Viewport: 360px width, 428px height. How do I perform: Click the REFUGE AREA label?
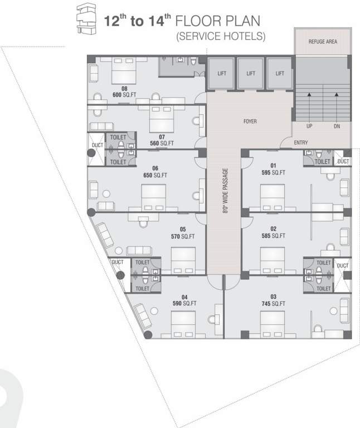(x=323, y=42)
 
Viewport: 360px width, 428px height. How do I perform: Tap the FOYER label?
(x=250, y=121)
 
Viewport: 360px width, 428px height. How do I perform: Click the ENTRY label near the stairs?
(x=301, y=143)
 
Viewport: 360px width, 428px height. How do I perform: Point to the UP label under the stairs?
(x=309, y=127)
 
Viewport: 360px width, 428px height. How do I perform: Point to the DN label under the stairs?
(x=337, y=127)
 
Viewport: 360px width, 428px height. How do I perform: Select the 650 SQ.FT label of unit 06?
(x=156, y=175)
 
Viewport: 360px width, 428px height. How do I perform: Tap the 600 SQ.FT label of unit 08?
(x=125, y=95)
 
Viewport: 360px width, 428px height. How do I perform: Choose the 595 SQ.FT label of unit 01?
(x=273, y=172)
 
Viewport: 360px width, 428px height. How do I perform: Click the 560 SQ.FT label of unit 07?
(x=162, y=143)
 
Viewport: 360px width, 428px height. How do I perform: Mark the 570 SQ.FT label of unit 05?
(x=183, y=236)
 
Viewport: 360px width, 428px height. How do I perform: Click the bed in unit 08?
(x=125, y=71)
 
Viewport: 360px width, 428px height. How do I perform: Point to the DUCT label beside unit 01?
(x=344, y=161)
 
